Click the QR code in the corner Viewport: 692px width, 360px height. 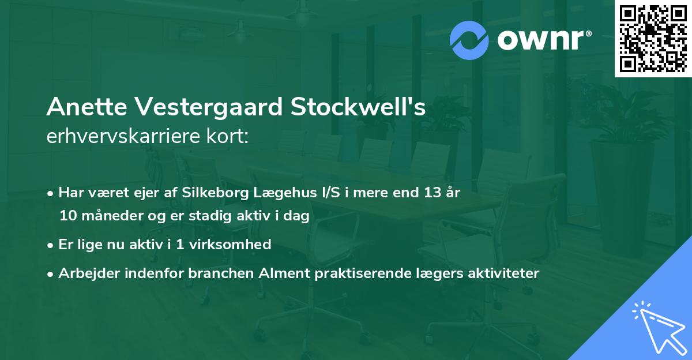(x=653, y=38)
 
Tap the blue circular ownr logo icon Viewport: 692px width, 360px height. (x=469, y=40)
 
